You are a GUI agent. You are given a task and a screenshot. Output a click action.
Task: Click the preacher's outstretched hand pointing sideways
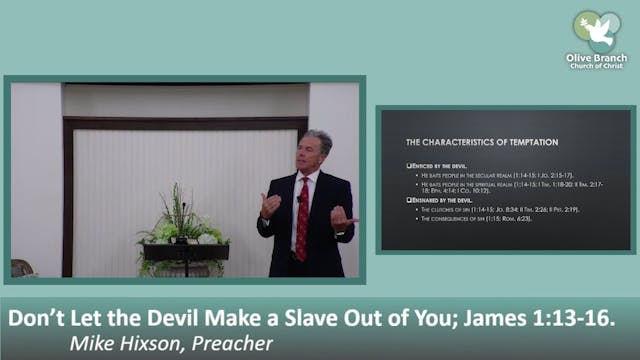(343, 217)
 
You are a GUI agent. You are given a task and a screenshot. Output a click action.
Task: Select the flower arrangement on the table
(183, 225)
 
